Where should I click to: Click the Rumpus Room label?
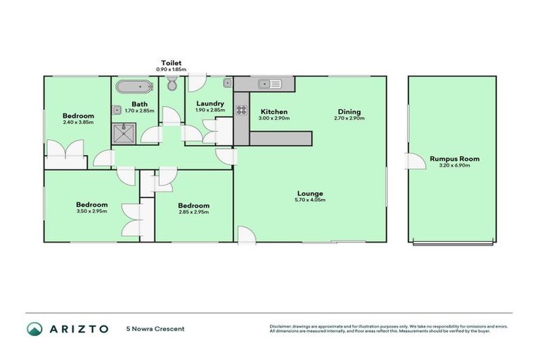(x=454, y=159)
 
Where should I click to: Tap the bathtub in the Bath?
(x=134, y=87)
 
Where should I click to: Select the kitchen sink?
(x=269, y=84)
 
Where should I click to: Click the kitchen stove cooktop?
(x=241, y=110)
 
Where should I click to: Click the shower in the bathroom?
(x=125, y=131)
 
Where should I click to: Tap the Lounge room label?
(x=309, y=193)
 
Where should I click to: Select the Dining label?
(x=349, y=112)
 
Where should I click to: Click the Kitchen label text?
(x=274, y=112)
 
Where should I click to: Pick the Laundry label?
(x=210, y=103)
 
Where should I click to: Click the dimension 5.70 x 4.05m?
(x=309, y=200)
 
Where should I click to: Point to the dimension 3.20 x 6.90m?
(x=454, y=166)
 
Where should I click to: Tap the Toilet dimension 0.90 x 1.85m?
(x=171, y=69)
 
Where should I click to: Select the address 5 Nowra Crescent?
(x=155, y=328)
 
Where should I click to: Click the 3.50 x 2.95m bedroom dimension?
(x=92, y=212)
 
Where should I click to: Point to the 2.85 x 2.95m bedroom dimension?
(x=194, y=212)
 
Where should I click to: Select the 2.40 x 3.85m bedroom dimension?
(x=78, y=123)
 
